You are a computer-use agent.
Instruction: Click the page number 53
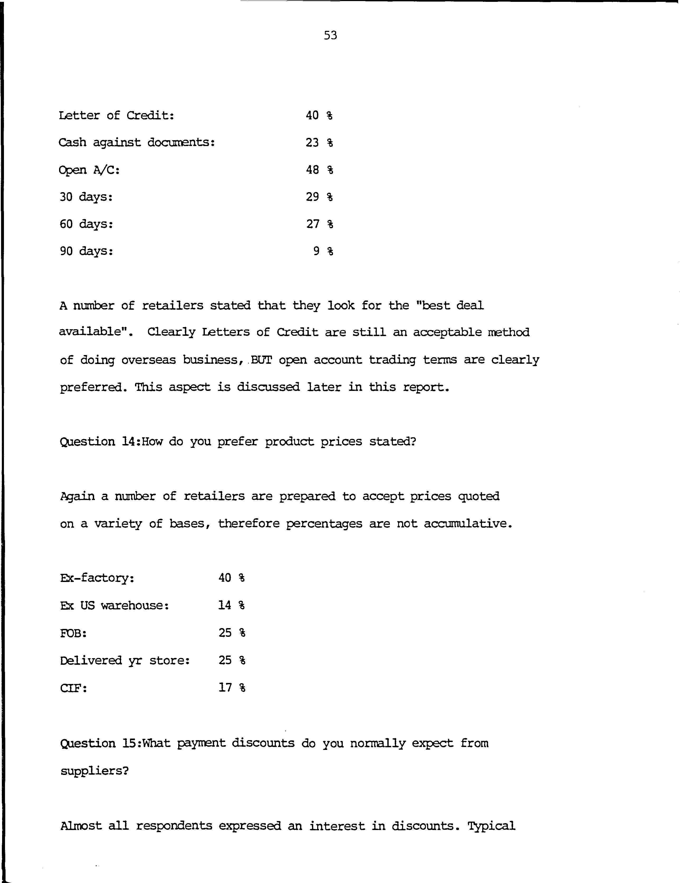(x=330, y=36)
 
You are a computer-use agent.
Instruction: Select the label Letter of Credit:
(x=117, y=116)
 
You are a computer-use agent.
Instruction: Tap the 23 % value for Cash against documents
(x=319, y=143)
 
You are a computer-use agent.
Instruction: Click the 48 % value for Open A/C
(x=319, y=170)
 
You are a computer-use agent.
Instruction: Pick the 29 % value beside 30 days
(x=319, y=197)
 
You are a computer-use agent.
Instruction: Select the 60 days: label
(x=86, y=224)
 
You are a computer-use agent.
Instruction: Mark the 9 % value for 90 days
(x=323, y=251)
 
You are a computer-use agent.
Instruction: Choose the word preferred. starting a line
(x=93, y=387)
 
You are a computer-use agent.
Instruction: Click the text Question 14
(x=99, y=442)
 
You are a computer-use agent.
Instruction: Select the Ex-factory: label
(x=97, y=578)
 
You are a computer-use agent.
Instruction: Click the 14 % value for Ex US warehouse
(x=232, y=605)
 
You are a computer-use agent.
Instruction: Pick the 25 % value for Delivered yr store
(x=232, y=660)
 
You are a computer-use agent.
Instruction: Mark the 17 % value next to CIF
(x=232, y=687)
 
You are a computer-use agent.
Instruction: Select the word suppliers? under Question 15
(x=94, y=771)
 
